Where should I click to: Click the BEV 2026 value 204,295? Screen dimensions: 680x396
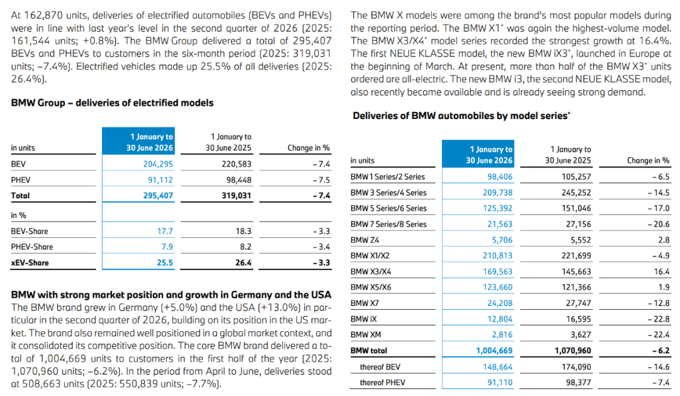coord(158,164)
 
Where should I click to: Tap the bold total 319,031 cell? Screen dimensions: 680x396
coord(236,196)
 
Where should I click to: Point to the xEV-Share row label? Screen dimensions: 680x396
coord(30,263)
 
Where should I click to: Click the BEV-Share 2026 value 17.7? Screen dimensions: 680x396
coord(165,231)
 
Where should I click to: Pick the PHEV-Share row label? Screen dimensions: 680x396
coord(32,247)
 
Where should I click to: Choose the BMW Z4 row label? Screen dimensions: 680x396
coord(365,240)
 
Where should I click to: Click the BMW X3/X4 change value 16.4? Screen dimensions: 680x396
coord(662,271)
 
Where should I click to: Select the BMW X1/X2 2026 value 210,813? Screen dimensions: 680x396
coord(497,256)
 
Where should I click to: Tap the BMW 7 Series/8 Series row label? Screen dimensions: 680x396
coord(388,224)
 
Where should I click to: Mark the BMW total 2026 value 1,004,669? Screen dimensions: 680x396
coord(494,351)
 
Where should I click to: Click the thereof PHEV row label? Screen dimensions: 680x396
coord(383,383)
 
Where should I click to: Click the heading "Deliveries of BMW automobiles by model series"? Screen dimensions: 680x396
coord(462,116)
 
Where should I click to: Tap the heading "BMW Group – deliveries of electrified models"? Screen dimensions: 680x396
coord(112,103)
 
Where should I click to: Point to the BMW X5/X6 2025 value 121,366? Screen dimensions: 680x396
coord(576,287)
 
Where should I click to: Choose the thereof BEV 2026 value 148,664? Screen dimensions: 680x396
coord(497,367)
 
